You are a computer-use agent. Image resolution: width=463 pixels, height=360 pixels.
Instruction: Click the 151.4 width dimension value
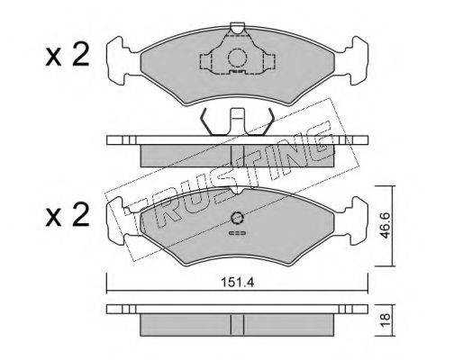coord(238,283)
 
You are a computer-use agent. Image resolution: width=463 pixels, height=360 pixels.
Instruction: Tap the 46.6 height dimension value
coord(385,226)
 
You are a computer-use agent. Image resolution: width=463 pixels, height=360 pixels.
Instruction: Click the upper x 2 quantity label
coord(68,54)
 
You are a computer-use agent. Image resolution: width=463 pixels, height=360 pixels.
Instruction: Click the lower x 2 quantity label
coord(68,214)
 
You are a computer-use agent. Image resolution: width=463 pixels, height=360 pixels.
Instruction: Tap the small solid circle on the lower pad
coord(238,218)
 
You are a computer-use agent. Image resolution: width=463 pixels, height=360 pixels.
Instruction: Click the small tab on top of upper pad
coord(238,28)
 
